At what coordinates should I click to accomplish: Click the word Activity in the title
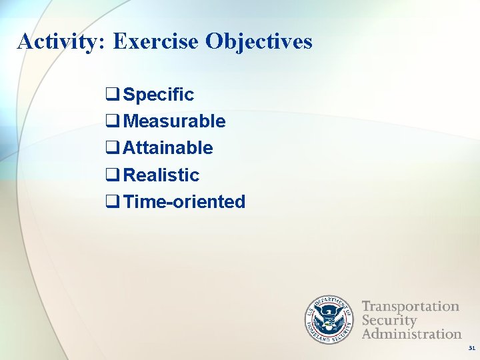coord(58,41)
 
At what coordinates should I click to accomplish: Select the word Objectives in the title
coord(259,41)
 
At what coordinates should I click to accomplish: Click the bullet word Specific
coord(159,95)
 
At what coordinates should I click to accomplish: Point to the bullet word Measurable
coord(175,121)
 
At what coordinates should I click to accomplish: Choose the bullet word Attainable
coord(168,148)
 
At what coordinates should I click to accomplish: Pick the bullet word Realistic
coord(161,175)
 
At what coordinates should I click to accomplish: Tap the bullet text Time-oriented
coord(185,201)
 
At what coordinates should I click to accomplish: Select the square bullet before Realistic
coord(113,175)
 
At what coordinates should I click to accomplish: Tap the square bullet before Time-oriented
coord(113,202)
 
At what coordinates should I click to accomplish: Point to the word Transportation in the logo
coord(411,307)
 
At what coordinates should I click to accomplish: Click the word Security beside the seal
coord(389,320)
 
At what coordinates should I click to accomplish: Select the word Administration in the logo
coord(411,333)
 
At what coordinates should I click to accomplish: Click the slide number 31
coord(472,349)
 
